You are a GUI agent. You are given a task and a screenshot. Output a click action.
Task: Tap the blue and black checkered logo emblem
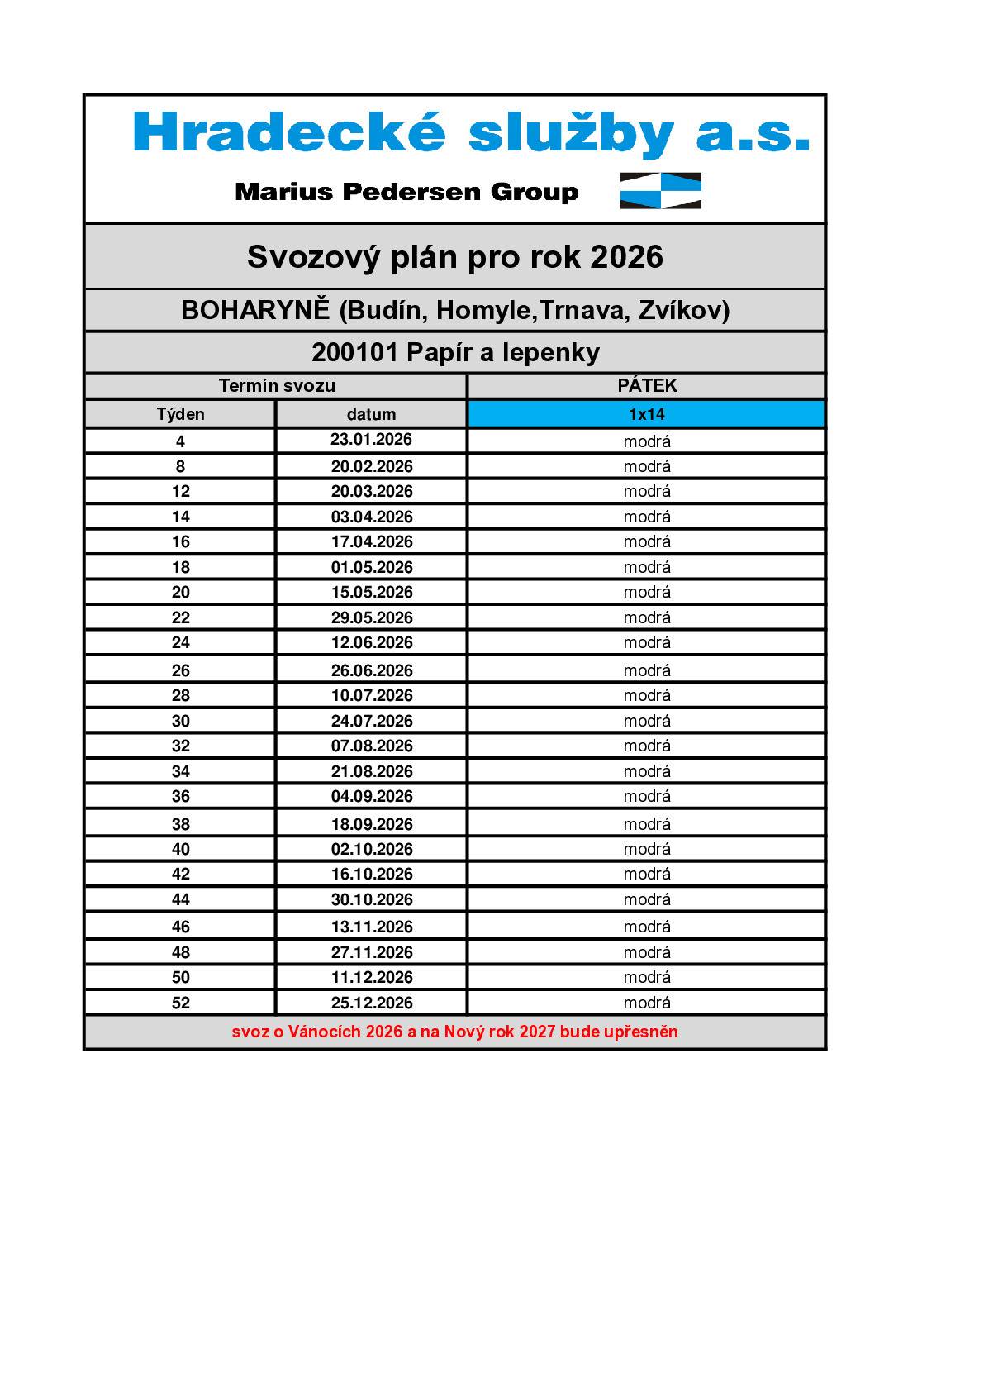[660, 191]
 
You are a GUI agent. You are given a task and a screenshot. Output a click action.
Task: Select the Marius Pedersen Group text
[406, 192]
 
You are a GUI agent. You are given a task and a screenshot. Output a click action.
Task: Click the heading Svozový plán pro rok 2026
[454, 256]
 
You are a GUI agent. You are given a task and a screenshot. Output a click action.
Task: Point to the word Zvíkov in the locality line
[683, 310]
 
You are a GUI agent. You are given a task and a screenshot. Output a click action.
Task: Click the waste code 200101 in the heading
[355, 353]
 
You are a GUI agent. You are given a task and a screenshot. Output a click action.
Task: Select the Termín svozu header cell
[277, 386]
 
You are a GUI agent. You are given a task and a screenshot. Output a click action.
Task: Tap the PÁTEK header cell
[647, 386]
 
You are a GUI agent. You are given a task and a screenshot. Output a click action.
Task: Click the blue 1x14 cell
[647, 414]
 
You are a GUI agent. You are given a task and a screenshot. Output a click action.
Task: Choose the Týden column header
[180, 414]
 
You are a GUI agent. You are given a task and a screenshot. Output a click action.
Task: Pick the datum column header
[371, 414]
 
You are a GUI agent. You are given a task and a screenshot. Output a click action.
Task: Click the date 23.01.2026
[371, 440]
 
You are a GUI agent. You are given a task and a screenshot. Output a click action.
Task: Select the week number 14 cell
[180, 517]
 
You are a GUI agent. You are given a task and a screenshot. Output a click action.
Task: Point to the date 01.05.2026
[371, 568]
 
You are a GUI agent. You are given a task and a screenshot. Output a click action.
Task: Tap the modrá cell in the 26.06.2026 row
[647, 670]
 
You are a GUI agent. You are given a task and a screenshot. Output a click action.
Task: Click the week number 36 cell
[180, 797]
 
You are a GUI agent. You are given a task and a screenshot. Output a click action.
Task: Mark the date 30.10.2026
[371, 899]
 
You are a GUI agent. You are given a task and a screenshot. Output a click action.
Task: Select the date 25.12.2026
[371, 1003]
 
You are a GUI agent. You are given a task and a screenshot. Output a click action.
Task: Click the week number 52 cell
[180, 1003]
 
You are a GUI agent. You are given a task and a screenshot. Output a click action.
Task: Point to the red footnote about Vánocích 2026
[454, 1032]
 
